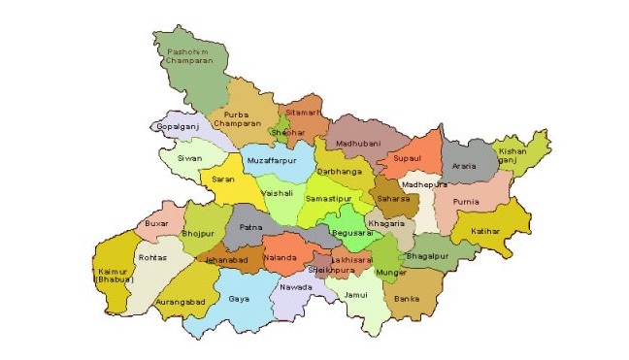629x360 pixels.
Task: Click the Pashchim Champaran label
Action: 189,55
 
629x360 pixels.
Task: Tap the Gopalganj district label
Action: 178,127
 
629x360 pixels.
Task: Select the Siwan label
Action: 189,156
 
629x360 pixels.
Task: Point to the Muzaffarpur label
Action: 271,158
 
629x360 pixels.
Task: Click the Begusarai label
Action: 351,233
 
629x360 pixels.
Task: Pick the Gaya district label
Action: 239,298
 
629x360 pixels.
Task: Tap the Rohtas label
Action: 153,257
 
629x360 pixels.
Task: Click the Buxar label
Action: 156,223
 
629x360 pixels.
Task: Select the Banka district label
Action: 408,299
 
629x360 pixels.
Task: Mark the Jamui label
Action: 356,293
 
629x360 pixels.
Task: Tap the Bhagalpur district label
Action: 428,255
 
